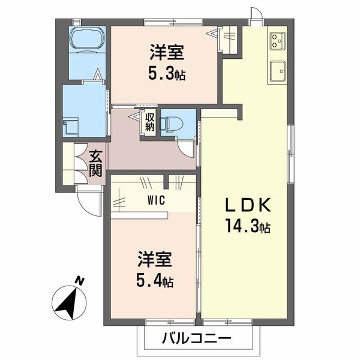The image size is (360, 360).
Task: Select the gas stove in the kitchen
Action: (x=278, y=40)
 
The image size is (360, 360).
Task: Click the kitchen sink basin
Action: (x=279, y=70)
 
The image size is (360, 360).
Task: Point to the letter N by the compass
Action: (x=79, y=280)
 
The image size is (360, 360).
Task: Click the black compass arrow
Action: (x=68, y=302)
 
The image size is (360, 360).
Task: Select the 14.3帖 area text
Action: (x=248, y=227)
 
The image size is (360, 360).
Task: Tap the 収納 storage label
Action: (x=149, y=122)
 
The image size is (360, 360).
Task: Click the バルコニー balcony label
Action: (x=196, y=338)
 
